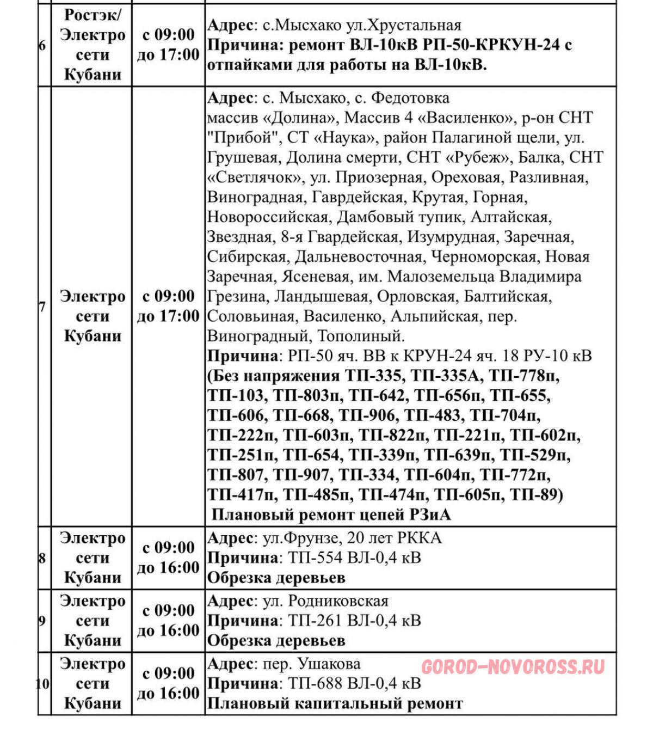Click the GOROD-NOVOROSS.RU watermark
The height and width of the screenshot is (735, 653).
click(513, 667)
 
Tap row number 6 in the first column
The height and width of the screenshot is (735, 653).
click(42, 45)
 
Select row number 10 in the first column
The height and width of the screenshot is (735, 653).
click(43, 684)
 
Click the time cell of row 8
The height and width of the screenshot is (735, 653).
click(168, 558)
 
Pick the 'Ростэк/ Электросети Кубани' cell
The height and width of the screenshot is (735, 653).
click(93, 45)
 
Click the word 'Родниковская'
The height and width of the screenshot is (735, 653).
click(338, 601)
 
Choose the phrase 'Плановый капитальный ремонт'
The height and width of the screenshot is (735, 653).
click(335, 703)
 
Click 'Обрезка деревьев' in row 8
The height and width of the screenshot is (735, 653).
click(276, 578)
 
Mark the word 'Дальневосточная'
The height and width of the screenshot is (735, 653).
click(359, 256)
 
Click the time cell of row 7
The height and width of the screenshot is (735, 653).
click(168, 306)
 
